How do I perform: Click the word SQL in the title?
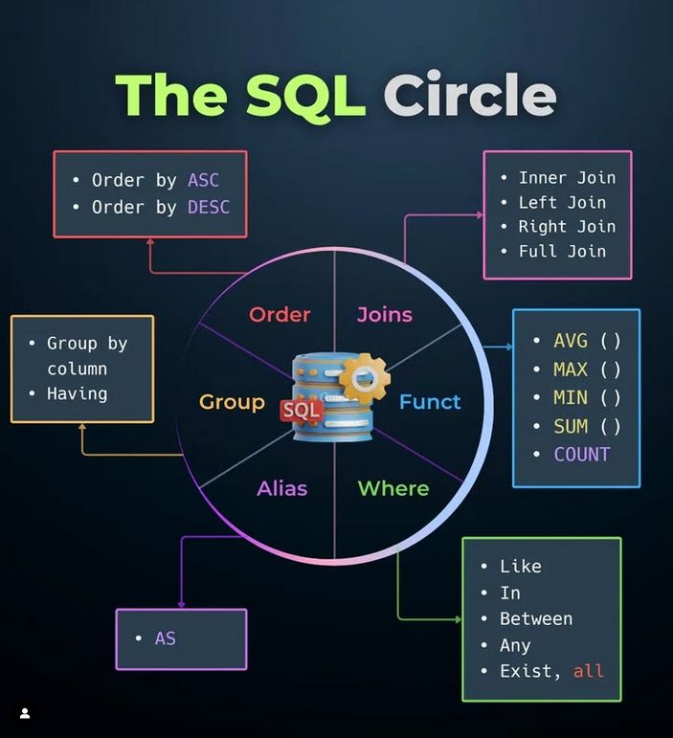pyautogui.click(x=305, y=96)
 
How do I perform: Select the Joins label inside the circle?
pyautogui.click(x=385, y=315)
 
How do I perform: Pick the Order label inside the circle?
pyautogui.click(x=280, y=314)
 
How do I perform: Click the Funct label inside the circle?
pyautogui.click(x=430, y=402)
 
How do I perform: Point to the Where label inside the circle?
pyautogui.click(x=393, y=488)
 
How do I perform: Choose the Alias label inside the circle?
pyautogui.click(x=281, y=488)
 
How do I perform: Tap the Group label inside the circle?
pyautogui.click(x=232, y=402)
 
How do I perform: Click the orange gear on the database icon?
pyautogui.click(x=365, y=378)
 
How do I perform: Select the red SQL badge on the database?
pyautogui.click(x=302, y=411)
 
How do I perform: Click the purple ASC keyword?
pyautogui.click(x=203, y=180)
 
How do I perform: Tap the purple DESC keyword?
pyautogui.click(x=209, y=207)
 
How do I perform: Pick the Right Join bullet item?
pyautogui.click(x=567, y=227)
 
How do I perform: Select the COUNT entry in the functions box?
pyautogui.click(x=582, y=454)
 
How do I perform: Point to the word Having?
pyautogui.click(x=78, y=394)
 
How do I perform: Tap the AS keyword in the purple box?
pyautogui.click(x=166, y=638)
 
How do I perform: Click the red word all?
pyautogui.click(x=589, y=671)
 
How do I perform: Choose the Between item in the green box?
pyautogui.click(x=536, y=618)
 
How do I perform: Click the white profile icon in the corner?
pyautogui.click(x=25, y=713)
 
